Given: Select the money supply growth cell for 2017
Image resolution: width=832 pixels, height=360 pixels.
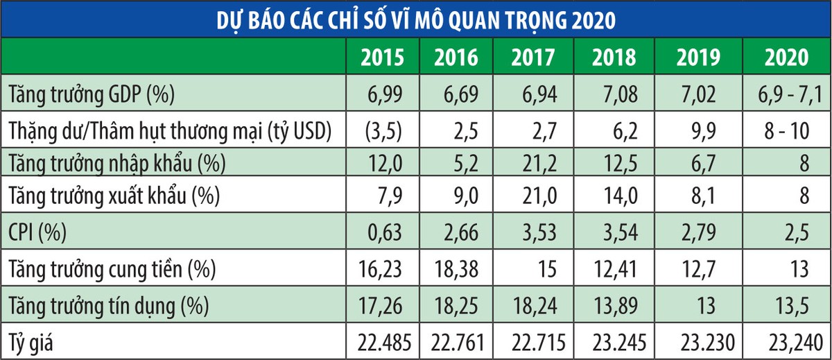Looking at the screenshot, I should pos(553,268).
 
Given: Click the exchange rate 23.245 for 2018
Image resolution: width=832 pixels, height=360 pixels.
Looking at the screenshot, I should pos(614,341).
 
